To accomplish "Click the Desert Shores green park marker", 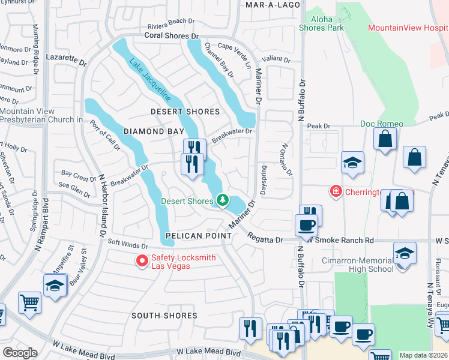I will pos(223,200).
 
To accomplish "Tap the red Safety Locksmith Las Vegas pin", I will pos(142,260).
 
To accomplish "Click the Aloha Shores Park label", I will pos(321,23).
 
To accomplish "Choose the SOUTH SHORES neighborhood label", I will pos(164,315).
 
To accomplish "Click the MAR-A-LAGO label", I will pos(268,4).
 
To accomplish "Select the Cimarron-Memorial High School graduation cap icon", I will pos(405,253).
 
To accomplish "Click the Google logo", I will pos(20,353).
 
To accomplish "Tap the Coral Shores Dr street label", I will pos(170,35).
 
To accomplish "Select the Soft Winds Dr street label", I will pos(127,245).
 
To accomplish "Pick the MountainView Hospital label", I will pos(408,28).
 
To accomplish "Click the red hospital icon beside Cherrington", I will pos(336,191).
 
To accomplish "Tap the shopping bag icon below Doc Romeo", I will pos(384,139).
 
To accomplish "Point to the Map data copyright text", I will pos(424,355).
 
